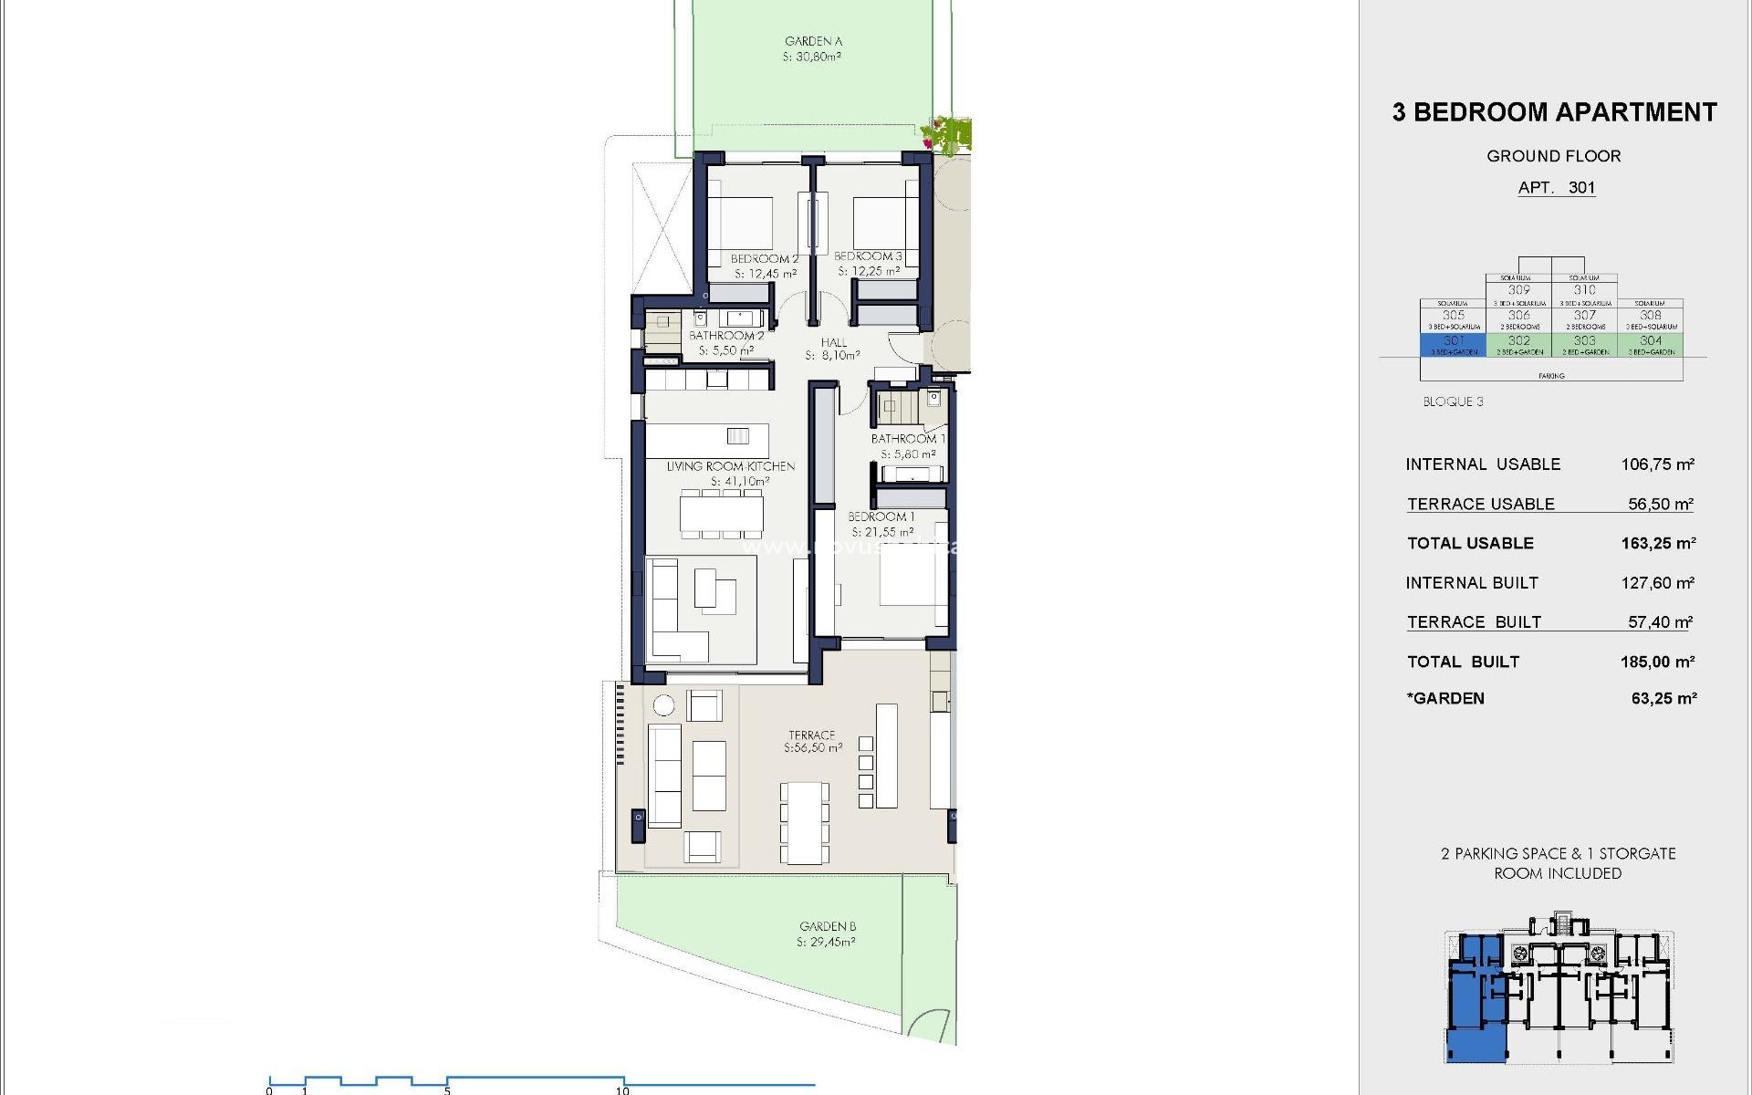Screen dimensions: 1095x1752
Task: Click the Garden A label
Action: (x=813, y=41)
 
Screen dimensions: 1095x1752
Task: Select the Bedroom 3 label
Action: (x=868, y=256)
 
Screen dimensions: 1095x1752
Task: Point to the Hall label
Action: (x=833, y=342)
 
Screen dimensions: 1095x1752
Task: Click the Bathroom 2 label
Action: (x=726, y=336)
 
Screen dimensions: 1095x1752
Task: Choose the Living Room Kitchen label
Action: (x=730, y=466)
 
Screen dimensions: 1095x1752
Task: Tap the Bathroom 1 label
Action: (x=907, y=439)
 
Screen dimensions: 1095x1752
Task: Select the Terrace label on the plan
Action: (x=811, y=735)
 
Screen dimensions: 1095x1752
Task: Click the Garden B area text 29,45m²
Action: (x=826, y=943)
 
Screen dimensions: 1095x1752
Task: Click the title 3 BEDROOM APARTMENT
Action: (x=1554, y=112)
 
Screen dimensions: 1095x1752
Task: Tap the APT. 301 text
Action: (x=1556, y=187)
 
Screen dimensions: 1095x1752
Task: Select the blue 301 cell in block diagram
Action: (x=1453, y=344)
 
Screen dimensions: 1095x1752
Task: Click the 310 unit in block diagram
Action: (x=1584, y=290)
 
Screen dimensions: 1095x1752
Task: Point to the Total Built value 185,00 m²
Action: (x=1657, y=662)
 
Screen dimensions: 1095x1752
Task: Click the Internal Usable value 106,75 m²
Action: (x=1657, y=464)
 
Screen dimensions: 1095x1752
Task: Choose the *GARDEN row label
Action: (x=1446, y=698)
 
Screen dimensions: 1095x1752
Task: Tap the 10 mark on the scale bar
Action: (x=622, y=1090)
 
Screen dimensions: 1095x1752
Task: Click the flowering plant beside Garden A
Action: (x=949, y=134)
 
